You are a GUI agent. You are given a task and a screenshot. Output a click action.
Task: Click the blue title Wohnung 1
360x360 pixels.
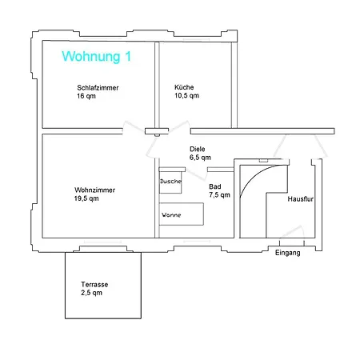(96, 57)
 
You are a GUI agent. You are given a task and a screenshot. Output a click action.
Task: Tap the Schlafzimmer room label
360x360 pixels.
(98, 87)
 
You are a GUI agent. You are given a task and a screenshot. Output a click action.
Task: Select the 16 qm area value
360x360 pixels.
(86, 96)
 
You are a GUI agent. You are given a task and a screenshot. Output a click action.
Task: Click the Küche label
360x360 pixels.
(184, 87)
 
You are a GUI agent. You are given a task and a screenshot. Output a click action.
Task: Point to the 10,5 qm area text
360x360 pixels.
(186, 95)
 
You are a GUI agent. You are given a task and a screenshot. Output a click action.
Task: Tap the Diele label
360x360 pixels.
(198, 149)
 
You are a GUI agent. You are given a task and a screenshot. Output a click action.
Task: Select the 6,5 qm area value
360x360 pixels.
(200, 158)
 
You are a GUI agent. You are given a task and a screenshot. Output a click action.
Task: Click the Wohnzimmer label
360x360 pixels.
(94, 190)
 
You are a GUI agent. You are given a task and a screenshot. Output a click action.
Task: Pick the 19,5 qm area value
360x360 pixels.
(86, 198)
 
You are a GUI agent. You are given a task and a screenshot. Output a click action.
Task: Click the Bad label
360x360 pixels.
(215, 186)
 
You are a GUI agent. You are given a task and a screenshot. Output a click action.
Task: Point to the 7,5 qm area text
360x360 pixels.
(219, 195)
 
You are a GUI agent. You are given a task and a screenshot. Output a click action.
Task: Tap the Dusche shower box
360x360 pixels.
(170, 181)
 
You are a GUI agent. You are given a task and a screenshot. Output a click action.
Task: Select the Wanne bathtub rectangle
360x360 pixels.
(182, 214)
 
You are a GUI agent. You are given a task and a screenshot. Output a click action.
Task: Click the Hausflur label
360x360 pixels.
(300, 199)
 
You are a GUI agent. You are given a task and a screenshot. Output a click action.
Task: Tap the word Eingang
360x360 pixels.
(287, 253)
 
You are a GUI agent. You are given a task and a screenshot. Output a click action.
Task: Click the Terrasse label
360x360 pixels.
(94, 284)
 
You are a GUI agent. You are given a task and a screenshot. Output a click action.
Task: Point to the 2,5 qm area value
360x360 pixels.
(91, 293)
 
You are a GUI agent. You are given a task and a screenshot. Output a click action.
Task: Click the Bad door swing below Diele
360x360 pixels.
(197, 174)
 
